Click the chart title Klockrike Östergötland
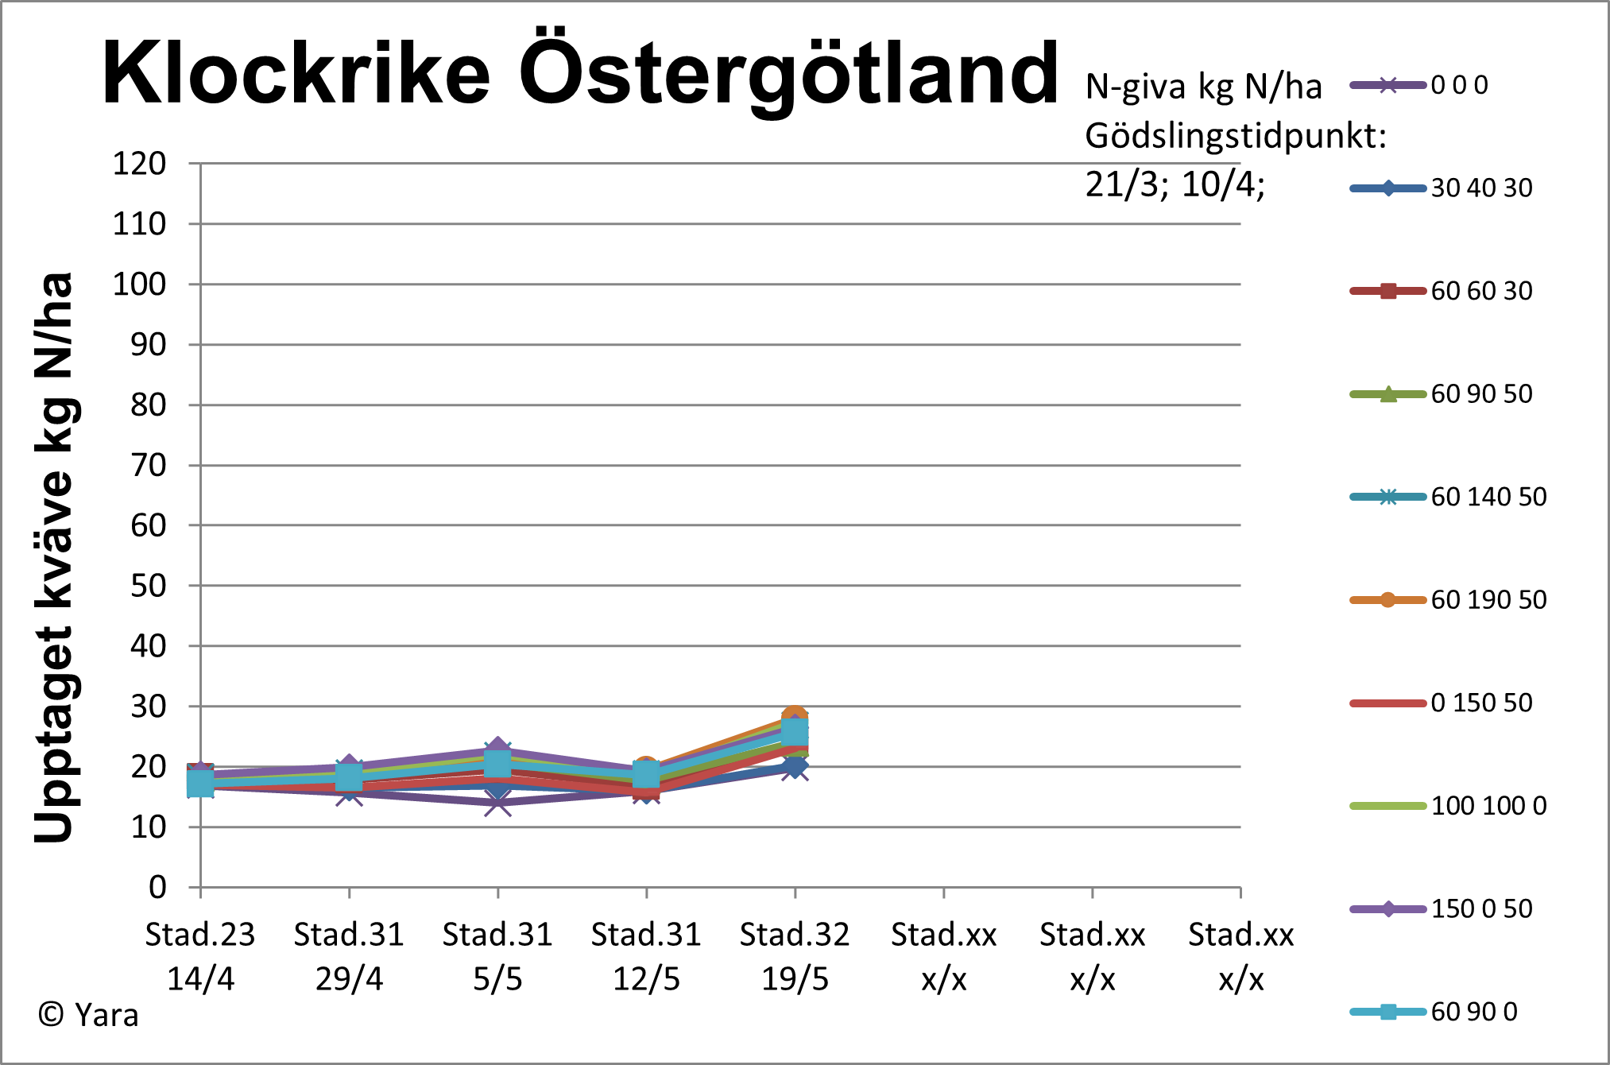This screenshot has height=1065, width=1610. (580, 73)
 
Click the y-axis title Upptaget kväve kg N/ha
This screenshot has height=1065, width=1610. (54, 556)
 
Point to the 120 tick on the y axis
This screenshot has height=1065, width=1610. (139, 164)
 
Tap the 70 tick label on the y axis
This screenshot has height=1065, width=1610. (148, 465)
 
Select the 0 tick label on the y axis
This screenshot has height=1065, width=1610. (157, 887)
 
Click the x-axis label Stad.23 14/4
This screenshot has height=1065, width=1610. (200, 956)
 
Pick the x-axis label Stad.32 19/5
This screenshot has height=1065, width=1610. (795, 956)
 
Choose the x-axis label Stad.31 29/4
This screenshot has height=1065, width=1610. (349, 956)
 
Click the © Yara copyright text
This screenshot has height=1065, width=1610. (88, 1015)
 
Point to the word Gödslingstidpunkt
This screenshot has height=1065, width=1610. (1235, 137)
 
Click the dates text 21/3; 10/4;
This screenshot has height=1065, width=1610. (1175, 184)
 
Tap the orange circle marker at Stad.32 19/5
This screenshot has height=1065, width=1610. (795, 717)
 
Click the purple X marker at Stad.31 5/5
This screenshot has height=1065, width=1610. (497, 803)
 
